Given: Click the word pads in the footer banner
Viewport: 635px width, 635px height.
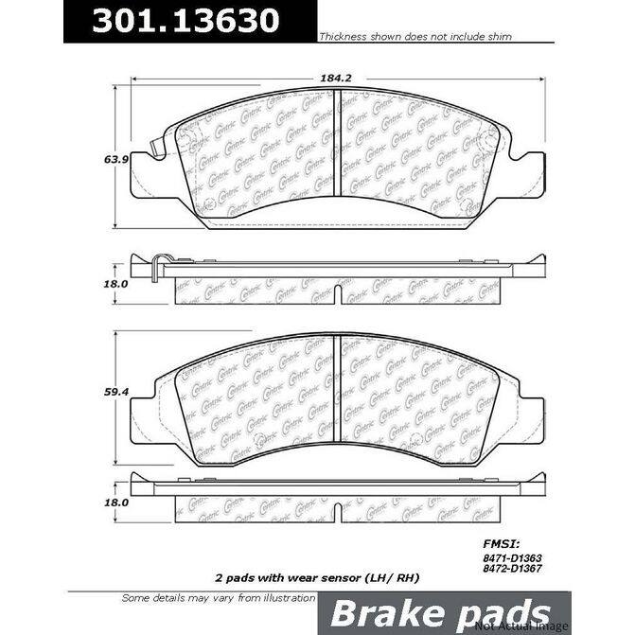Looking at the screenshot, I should point(508,612).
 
